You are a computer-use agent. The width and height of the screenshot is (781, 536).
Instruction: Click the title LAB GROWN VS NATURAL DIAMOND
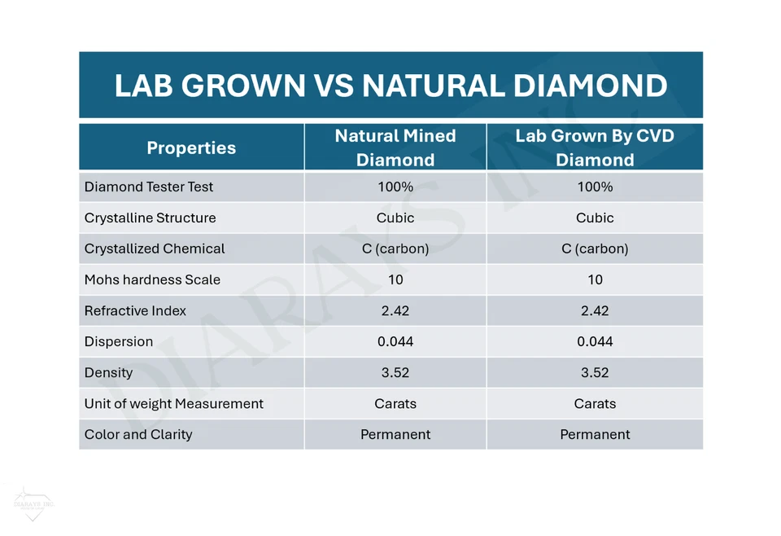point(390,86)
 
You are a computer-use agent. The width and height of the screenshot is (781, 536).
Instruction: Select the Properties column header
point(191,147)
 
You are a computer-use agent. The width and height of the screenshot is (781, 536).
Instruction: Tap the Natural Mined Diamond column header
point(395,147)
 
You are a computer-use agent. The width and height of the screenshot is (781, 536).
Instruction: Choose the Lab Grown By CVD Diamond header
point(595,147)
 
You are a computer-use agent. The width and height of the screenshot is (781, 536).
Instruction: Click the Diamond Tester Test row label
point(149,187)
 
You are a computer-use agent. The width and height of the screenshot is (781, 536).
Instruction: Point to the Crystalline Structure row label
point(150,217)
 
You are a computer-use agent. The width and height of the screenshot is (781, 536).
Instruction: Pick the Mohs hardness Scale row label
point(152,279)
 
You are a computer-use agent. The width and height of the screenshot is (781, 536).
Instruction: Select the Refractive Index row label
point(135,310)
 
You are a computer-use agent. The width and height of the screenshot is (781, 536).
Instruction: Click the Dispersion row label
point(119,341)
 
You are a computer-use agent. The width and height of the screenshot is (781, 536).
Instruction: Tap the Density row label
point(108,372)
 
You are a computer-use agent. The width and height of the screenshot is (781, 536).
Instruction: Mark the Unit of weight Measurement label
point(174,403)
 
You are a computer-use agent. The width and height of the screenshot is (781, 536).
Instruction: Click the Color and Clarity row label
point(138,434)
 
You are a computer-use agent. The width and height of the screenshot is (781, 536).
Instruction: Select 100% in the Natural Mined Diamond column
point(395,187)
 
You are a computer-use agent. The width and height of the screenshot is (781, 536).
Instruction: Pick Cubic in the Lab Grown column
point(595,217)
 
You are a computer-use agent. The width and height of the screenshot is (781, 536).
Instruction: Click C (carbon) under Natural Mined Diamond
point(395,248)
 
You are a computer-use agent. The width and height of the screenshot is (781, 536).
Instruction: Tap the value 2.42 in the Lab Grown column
point(595,310)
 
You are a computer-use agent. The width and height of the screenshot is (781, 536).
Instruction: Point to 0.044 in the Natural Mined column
point(395,341)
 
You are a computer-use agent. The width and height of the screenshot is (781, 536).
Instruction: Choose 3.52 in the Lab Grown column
point(595,372)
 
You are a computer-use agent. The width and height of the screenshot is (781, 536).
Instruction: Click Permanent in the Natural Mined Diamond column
point(395,434)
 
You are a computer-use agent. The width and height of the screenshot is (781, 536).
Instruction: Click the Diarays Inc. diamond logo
point(33,503)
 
